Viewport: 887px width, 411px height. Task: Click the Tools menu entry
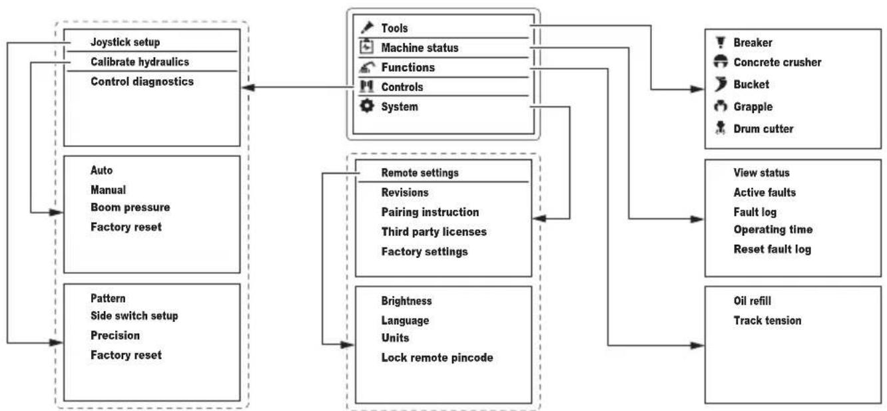[394, 28]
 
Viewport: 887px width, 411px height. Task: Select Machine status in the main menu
[420, 48]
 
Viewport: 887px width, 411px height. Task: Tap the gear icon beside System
[367, 106]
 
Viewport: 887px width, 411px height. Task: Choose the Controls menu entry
[402, 87]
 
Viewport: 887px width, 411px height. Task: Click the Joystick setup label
[125, 43]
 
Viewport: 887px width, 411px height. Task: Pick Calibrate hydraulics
[140, 62]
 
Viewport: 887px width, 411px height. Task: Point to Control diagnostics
[142, 82]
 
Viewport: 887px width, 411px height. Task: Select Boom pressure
[131, 207]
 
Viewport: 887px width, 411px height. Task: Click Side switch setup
[135, 316]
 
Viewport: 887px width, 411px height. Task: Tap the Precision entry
[115, 335]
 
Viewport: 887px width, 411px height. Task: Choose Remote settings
[420, 173]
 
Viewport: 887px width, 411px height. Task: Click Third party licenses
[434, 232]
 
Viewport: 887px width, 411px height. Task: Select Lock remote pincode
[437, 358]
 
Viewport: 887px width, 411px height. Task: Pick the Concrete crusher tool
[777, 62]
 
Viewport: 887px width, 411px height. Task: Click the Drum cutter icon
[721, 128]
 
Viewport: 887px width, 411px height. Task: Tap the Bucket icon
[721, 84]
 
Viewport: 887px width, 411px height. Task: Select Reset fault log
[772, 249]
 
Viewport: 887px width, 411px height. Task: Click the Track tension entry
[767, 321]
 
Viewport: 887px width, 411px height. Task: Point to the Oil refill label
[752, 301]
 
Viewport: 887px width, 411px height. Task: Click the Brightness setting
[406, 301]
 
